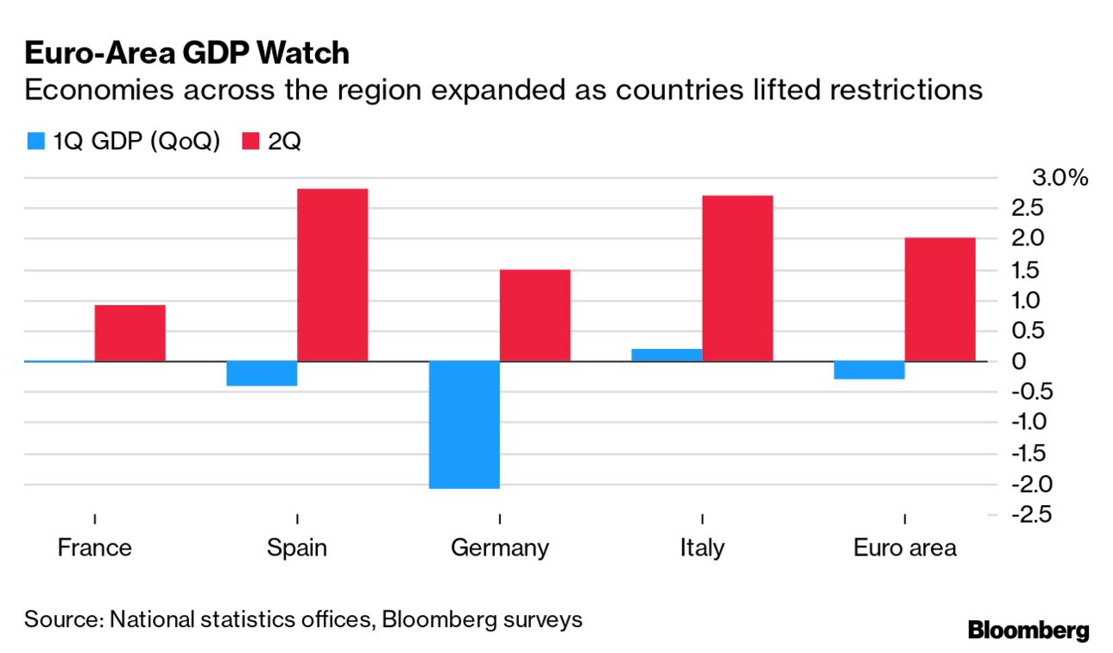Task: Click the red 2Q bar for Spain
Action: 332,275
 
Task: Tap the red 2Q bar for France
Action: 130,333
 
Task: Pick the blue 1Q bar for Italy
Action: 667,355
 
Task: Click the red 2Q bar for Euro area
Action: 939,299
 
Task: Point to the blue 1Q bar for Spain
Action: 262,373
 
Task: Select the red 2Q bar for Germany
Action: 534,315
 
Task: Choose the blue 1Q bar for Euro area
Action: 869,370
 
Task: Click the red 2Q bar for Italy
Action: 737,278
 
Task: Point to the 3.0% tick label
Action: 1059,179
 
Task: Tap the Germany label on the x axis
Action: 499,548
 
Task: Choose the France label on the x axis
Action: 94,548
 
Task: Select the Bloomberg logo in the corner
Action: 1028,630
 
